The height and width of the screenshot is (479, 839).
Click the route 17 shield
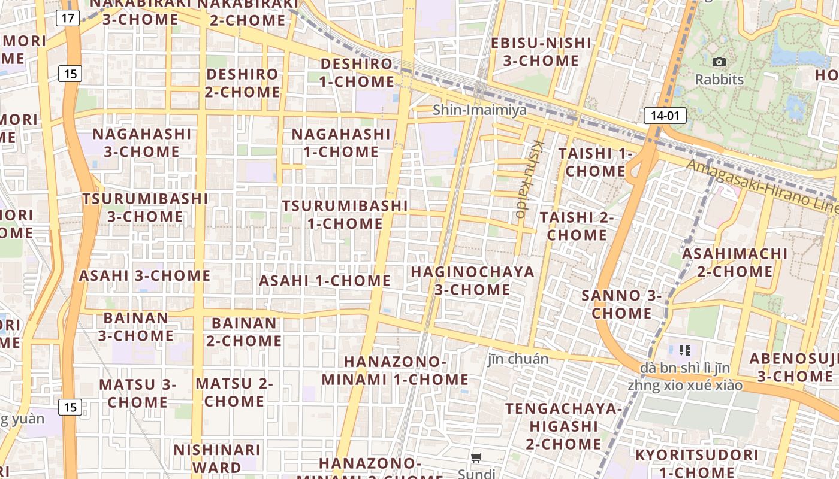click(68, 18)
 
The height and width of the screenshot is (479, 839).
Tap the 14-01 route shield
click(665, 116)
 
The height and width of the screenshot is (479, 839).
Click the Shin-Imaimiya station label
click(479, 110)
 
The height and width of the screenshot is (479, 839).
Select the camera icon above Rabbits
click(719, 62)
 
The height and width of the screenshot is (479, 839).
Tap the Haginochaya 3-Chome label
click(472, 281)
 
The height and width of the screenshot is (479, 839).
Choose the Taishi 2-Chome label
click(577, 226)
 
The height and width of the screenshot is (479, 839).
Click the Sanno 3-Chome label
click(621, 304)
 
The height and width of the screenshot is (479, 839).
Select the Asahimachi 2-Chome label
click(735, 262)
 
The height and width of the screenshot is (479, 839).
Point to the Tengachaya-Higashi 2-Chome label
click(563, 426)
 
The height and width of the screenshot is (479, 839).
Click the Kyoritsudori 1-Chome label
click(696, 463)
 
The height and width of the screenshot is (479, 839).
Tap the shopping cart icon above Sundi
click(476, 458)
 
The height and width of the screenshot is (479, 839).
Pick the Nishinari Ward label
click(217, 458)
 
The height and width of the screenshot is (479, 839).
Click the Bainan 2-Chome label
click(244, 332)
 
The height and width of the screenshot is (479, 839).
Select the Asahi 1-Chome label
click(324, 280)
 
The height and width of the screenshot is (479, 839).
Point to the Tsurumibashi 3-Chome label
click(145, 207)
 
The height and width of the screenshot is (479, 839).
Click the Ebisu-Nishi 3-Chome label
click(541, 51)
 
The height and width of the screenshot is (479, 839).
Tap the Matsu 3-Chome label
click(137, 393)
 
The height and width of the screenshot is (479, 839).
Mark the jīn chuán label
click(518, 359)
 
